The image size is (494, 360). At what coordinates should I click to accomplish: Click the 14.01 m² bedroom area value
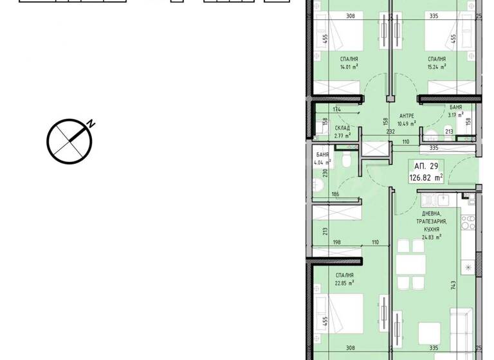coord(349,66)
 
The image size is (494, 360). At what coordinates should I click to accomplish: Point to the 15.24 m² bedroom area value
coord(437,66)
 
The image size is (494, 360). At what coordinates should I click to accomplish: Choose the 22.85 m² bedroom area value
coord(344,282)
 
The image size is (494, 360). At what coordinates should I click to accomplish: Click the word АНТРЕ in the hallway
coord(407,116)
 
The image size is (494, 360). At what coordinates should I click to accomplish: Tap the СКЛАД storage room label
coord(342,128)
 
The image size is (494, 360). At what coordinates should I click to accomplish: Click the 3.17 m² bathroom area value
coord(456,115)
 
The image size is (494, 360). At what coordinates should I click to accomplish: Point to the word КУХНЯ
coord(431,229)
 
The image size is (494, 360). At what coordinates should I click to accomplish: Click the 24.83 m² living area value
coord(431,237)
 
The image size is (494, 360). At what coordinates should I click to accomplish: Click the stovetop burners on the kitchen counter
coord(468,222)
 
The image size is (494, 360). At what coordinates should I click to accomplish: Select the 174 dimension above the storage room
coord(338,110)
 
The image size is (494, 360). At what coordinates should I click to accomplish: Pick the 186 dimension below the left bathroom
coord(334,194)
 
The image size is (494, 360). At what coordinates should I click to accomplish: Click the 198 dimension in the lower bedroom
coord(337,243)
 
